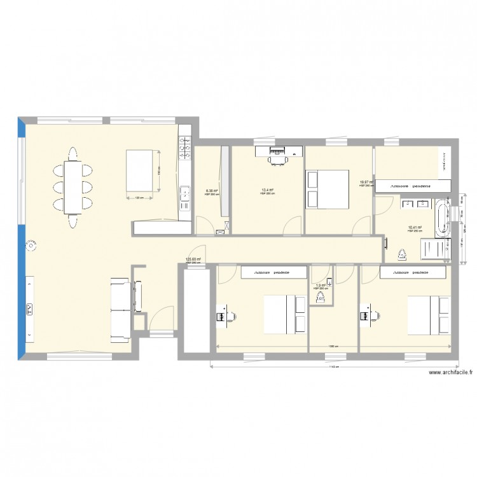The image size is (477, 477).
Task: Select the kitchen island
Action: [142, 170]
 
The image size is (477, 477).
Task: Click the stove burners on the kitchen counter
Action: [186, 150]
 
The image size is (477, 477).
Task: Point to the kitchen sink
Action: [185, 193]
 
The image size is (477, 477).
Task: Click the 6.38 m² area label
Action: [212, 191]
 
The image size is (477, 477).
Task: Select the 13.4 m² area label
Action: [267, 190]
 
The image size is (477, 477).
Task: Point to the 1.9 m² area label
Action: [320, 286]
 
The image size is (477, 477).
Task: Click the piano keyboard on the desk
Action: [278, 151]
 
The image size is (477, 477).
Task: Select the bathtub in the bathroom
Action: [443, 216]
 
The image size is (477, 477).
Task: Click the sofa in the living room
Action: [119, 308]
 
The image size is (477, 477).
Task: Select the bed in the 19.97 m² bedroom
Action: [328, 189]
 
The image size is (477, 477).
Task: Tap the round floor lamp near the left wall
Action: [31, 244]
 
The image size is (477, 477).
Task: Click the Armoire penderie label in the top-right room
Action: [411, 186]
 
